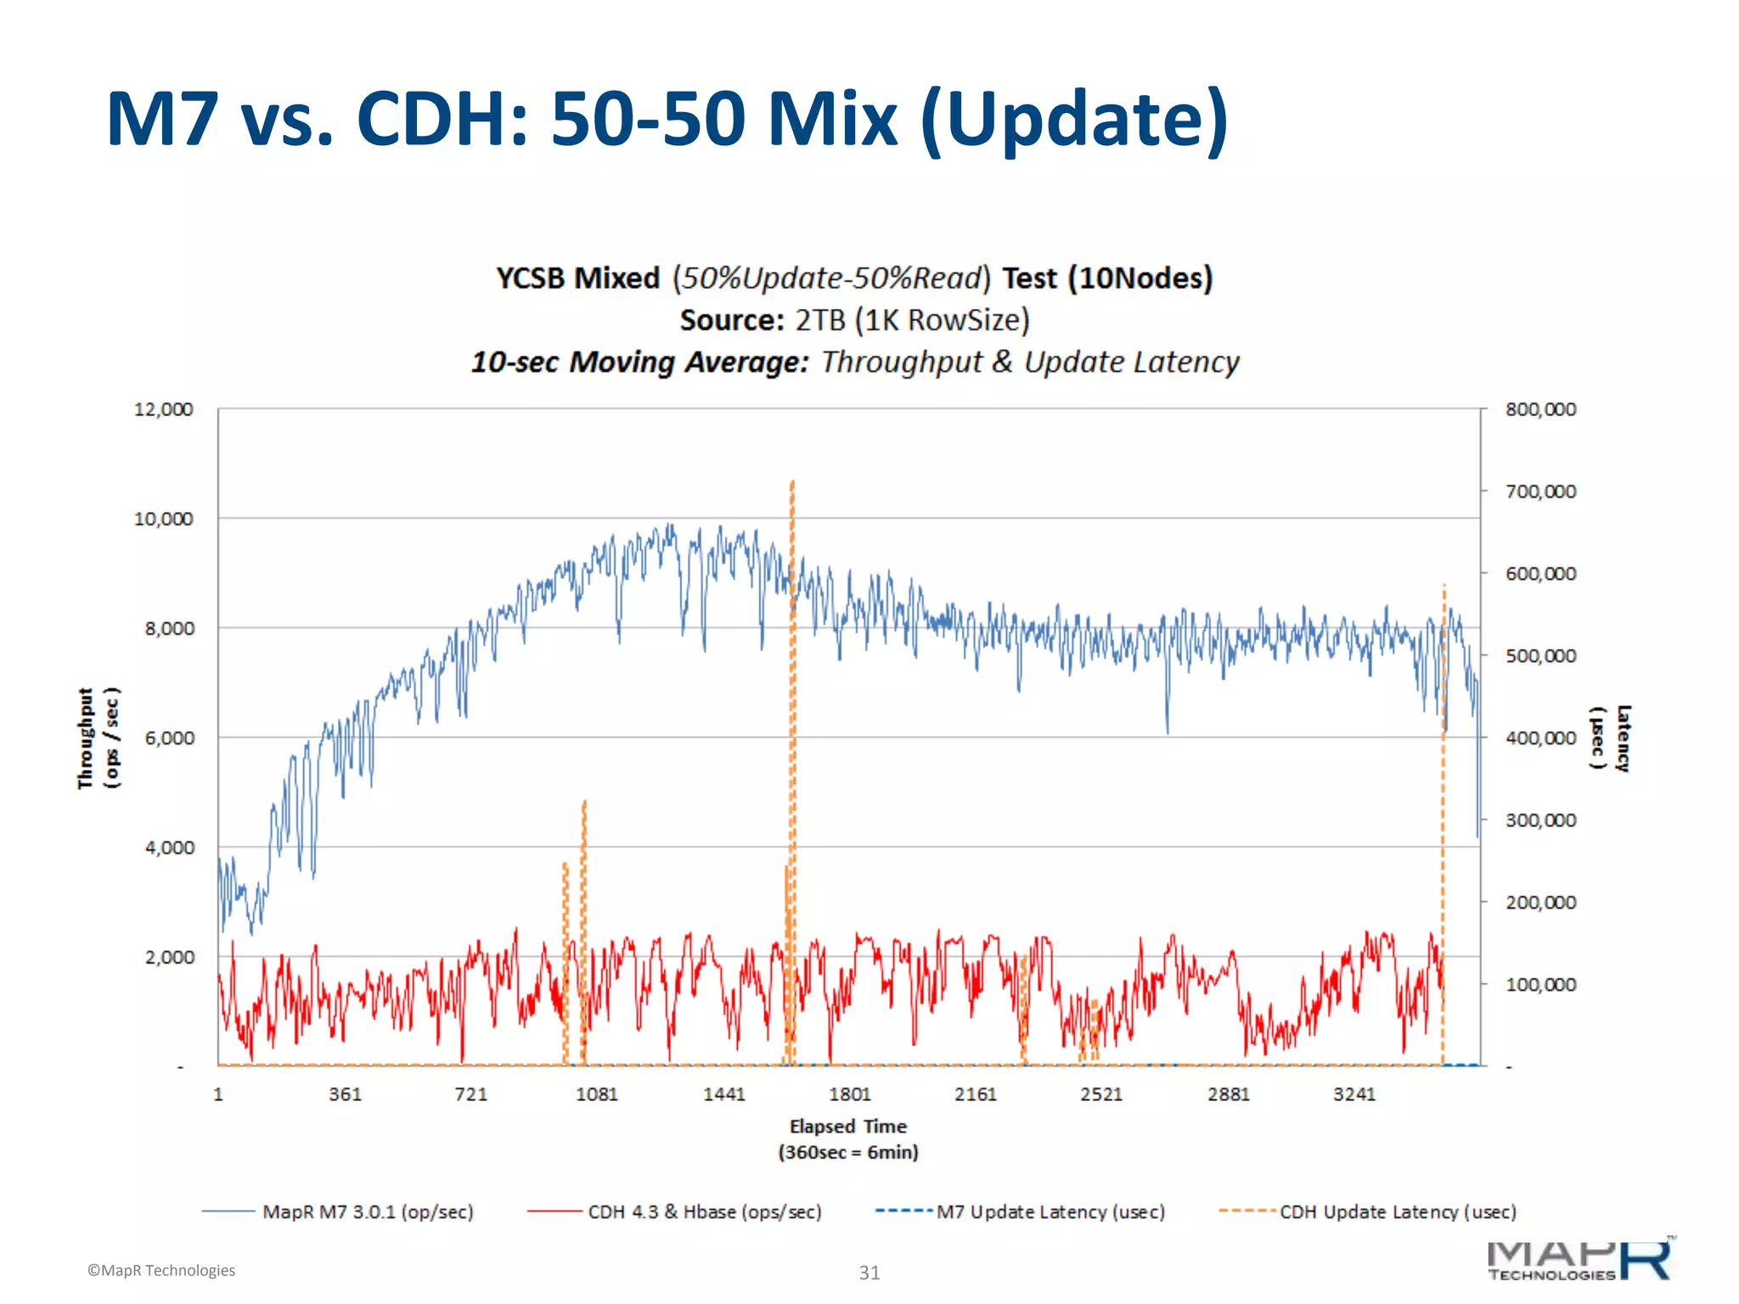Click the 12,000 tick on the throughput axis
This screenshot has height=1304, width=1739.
click(163, 409)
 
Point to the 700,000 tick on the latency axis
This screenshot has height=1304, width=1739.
click(1540, 492)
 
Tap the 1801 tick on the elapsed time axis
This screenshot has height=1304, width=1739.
click(849, 1094)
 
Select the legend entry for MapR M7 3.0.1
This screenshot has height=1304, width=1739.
click(367, 1211)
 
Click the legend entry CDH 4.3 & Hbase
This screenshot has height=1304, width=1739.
click(704, 1211)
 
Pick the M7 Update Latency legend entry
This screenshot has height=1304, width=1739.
click(1050, 1211)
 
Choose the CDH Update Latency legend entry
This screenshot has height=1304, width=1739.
click(1397, 1211)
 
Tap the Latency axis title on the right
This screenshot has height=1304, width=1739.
click(1610, 738)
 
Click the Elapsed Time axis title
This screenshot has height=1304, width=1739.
click(848, 1127)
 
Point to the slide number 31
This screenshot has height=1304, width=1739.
click(869, 1273)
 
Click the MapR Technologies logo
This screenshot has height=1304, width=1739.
click(1579, 1261)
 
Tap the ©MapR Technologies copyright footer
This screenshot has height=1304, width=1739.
click(161, 1271)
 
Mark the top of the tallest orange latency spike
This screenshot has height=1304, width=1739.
click(792, 482)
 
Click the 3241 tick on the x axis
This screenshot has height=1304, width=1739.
click(1353, 1094)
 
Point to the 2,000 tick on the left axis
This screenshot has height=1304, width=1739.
click(169, 958)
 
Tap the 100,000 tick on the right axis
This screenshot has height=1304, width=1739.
click(1540, 985)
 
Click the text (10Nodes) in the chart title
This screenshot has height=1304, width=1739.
click(1140, 278)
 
